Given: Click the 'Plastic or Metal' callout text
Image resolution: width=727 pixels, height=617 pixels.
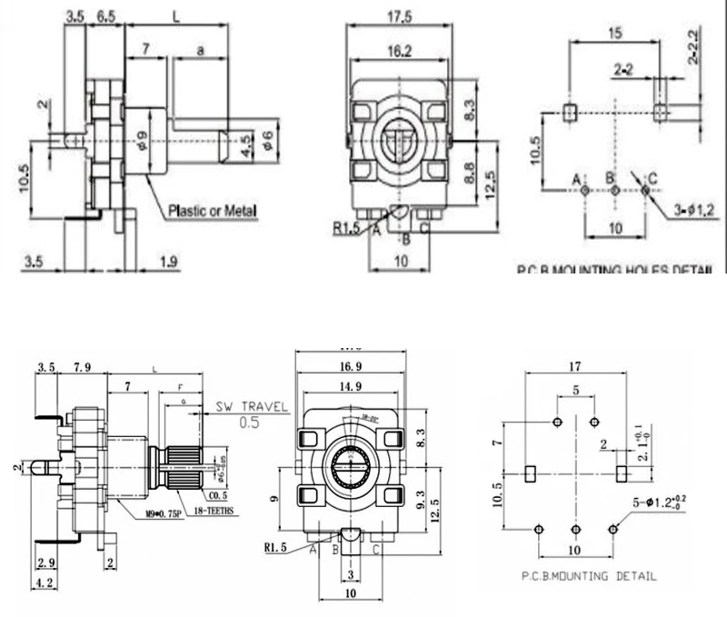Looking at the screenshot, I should pos(212,212).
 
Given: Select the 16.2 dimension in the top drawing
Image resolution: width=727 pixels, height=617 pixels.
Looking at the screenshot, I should pos(394,52).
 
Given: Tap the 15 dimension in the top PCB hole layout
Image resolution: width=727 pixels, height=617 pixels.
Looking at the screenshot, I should pos(615,35).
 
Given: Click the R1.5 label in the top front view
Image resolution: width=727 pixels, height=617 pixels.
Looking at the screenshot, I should pos(345,228).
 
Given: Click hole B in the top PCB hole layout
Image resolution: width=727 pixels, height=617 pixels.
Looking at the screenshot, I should pos(614,190).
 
